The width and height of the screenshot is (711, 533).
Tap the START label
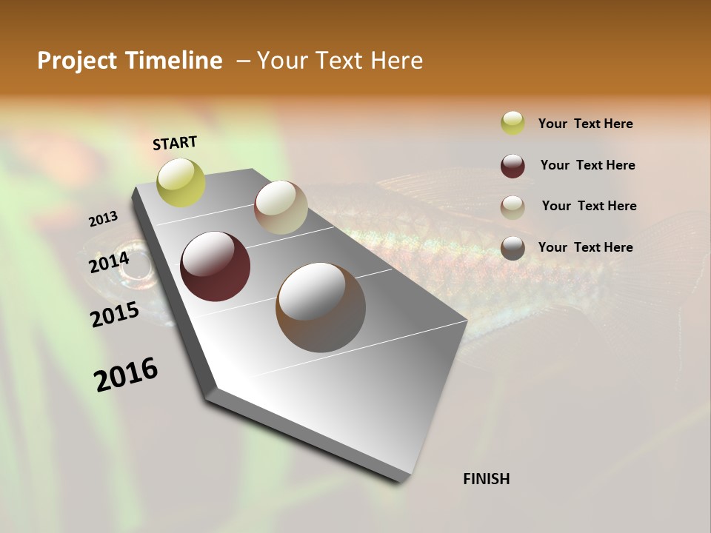click(175, 143)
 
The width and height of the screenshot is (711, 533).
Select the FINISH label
click(487, 479)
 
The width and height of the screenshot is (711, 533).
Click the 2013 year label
click(103, 219)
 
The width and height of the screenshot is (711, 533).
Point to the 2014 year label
click(109, 262)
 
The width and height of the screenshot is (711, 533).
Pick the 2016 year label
click(126, 374)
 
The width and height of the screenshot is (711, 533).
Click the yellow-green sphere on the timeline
click(181, 182)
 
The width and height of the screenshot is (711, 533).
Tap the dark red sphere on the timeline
click(215, 266)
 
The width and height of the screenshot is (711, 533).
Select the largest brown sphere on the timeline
click(321, 306)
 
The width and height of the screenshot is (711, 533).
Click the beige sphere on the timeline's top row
click(281, 207)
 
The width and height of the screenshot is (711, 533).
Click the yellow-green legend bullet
click(513, 123)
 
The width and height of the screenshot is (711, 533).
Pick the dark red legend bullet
click(513, 166)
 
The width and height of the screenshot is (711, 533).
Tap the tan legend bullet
click(513, 207)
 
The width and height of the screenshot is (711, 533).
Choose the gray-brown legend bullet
click(513, 248)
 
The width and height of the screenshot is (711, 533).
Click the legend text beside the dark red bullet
click(587, 165)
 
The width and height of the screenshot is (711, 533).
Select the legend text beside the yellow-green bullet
click(585, 124)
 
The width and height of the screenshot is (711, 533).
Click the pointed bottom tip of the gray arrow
click(400, 480)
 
